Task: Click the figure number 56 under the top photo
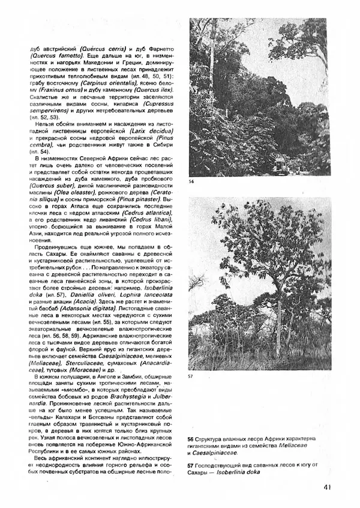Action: click(x=191, y=181)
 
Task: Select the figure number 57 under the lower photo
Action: click(x=191, y=376)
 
